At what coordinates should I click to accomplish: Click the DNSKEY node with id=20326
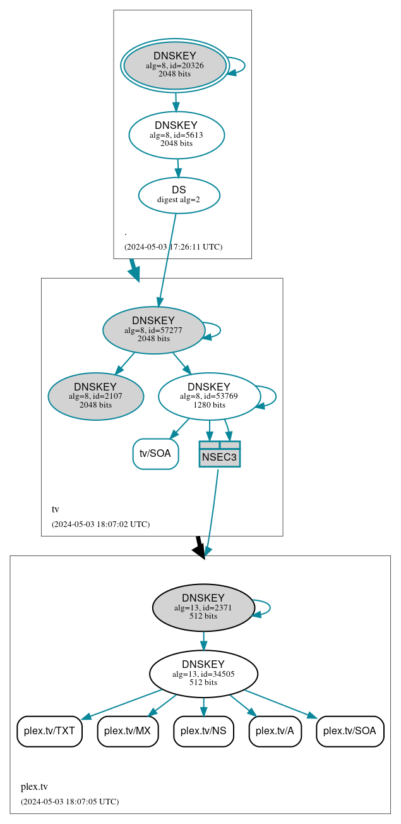tap(175, 66)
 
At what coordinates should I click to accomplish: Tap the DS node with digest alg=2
tap(179, 195)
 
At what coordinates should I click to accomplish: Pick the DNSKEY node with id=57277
tap(153, 330)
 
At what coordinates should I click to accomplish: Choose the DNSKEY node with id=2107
tap(95, 396)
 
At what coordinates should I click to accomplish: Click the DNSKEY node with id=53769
tap(209, 396)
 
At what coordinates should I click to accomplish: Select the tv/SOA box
tap(155, 454)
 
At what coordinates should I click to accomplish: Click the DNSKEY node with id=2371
tap(203, 608)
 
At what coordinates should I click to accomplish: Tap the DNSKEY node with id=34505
tap(203, 674)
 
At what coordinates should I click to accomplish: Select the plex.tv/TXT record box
tap(49, 731)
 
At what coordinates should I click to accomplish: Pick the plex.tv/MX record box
tap(127, 731)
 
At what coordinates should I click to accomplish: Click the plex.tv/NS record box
tap(203, 731)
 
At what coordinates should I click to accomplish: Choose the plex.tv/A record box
tap(275, 731)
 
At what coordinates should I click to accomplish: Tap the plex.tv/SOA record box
tap(349, 731)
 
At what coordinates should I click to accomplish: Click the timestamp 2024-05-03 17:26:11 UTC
tap(173, 246)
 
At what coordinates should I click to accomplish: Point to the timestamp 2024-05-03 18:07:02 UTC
tap(100, 524)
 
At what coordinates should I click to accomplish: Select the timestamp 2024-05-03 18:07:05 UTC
tap(69, 801)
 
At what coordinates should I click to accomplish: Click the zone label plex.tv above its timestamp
tap(34, 787)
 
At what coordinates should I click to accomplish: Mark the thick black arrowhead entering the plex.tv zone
tap(200, 551)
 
